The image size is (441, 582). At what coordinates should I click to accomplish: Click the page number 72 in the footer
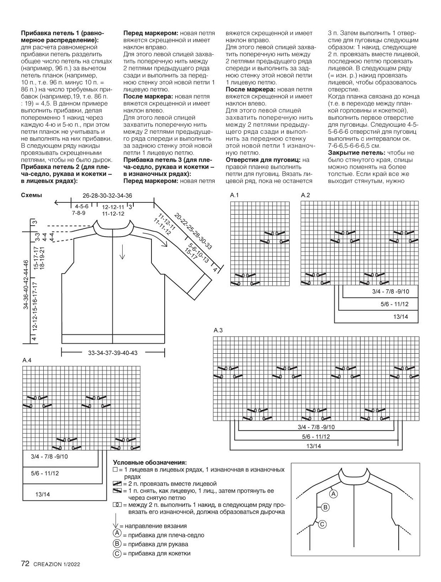pyautogui.click(x=25, y=563)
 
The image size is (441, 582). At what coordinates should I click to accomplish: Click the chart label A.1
pyautogui.click(x=234, y=195)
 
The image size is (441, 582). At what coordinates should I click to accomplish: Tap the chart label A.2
pyautogui.click(x=305, y=195)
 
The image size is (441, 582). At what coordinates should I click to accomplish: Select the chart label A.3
pyautogui.click(x=218, y=330)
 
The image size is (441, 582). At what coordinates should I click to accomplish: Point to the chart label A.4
pyautogui.click(x=27, y=360)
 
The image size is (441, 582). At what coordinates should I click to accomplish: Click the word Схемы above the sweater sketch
pyautogui.click(x=31, y=195)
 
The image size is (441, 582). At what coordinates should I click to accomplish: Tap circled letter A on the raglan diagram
pyautogui.click(x=334, y=494)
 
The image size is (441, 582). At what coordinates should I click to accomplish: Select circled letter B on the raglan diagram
pyautogui.click(x=325, y=507)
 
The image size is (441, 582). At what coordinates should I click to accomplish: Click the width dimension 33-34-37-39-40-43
pyautogui.click(x=113, y=352)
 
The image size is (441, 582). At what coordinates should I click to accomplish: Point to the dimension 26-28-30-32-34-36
pyautogui.click(x=107, y=196)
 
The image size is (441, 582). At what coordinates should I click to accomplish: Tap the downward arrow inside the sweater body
pyautogui.click(x=122, y=252)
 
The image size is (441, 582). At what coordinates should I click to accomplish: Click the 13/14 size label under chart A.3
pyautogui.click(x=314, y=446)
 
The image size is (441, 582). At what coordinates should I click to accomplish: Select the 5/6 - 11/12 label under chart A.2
pyautogui.click(x=395, y=304)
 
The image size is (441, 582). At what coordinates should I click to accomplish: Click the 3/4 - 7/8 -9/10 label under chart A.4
pyautogui.click(x=50, y=456)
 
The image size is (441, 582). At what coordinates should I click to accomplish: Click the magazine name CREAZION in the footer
pyautogui.click(x=48, y=564)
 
